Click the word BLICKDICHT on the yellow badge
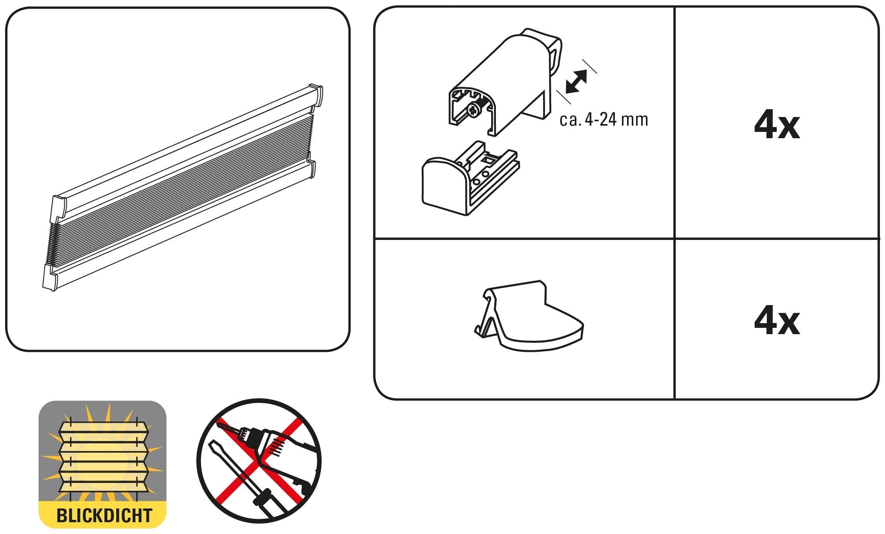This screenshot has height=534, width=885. (104, 515)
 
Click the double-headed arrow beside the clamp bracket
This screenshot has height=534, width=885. (576, 82)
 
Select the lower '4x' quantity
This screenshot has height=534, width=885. (777, 322)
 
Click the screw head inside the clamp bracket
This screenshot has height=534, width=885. (474, 109)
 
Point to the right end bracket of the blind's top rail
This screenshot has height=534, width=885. (316, 95)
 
